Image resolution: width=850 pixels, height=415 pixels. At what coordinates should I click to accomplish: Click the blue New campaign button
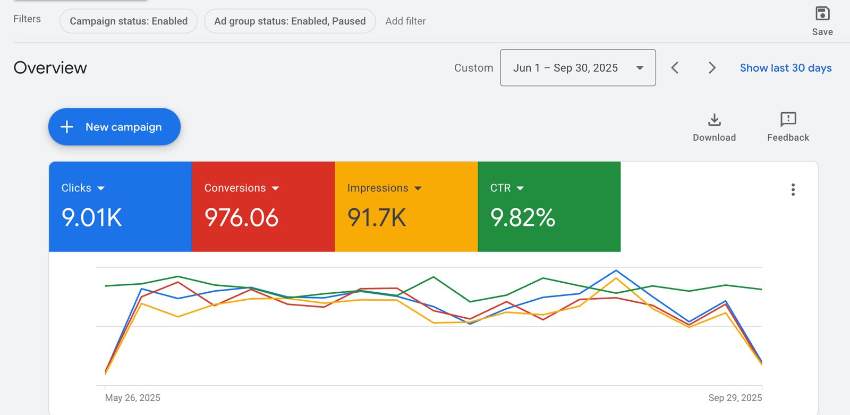pyautogui.click(x=114, y=127)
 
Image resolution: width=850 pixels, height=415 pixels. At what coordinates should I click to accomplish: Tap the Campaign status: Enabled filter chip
pyautogui.click(x=129, y=21)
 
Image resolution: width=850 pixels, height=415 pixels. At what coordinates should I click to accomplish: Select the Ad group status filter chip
pyautogui.click(x=290, y=21)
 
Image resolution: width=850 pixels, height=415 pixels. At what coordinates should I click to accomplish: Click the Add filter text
pyautogui.click(x=405, y=21)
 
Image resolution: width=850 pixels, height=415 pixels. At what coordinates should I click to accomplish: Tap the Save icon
pyautogui.click(x=822, y=14)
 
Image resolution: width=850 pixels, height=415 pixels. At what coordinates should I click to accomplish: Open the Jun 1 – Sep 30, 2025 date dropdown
pyautogui.click(x=577, y=68)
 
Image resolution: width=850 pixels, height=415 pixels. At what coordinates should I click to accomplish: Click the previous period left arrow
pyautogui.click(x=675, y=68)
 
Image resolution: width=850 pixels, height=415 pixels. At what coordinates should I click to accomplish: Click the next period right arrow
pyautogui.click(x=712, y=68)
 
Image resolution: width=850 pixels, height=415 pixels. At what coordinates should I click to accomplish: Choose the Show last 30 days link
pyautogui.click(x=786, y=68)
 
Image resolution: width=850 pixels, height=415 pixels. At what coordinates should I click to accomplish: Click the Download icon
pyautogui.click(x=715, y=120)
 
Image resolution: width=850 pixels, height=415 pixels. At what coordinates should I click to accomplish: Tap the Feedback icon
pyautogui.click(x=788, y=120)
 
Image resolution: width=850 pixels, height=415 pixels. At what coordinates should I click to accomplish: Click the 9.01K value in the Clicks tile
pyautogui.click(x=92, y=218)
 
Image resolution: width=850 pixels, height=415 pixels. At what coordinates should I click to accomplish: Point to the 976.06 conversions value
pyautogui.click(x=241, y=218)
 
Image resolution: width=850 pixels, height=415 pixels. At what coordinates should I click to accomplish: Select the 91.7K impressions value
pyautogui.click(x=377, y=218)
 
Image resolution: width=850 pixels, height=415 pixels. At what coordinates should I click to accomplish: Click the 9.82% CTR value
pyautogui.click(x=523, y=218)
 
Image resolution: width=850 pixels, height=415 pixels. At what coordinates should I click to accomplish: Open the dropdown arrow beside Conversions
pyautogui.click(x=275, y=188)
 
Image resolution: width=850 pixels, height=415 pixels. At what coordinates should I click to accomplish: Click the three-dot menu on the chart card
pyautogui.click(x=793, y=190)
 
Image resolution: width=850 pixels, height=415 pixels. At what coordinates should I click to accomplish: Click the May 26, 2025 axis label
pyautogui.click(x=133, y=398)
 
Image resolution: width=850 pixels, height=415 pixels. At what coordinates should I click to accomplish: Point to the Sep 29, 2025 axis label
pyautogui.click(x=735, y=398)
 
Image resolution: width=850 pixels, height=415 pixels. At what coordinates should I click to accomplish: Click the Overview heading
pyautogui.click(x=50, y=68)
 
